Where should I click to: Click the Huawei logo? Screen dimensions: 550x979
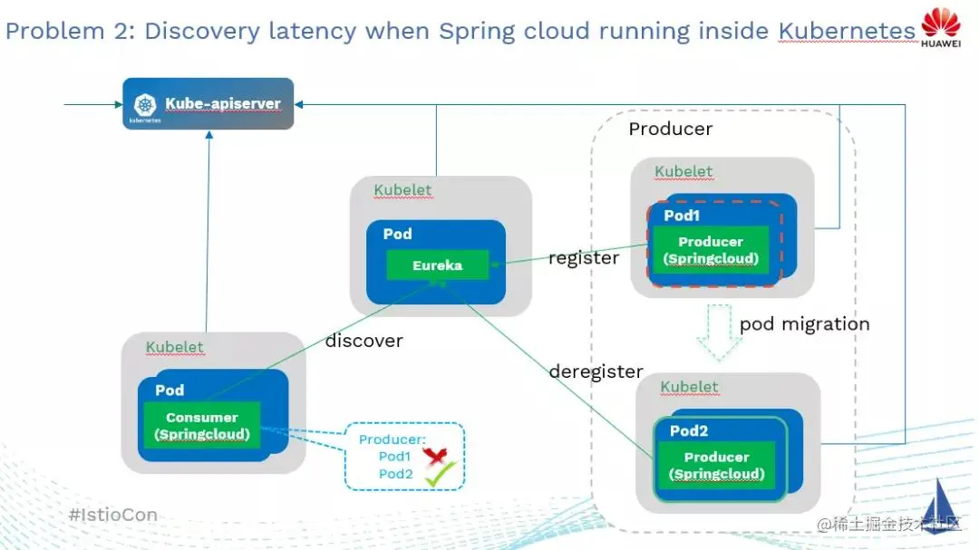tap(941, 27)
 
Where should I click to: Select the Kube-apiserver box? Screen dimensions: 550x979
tap(208, 104)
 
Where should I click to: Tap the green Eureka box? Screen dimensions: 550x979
tap(437, 265)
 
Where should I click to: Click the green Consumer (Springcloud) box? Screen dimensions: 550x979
tap(201, 426)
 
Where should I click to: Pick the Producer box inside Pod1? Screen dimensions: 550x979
tap(711, 250)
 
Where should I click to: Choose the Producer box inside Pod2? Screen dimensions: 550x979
tap(716, 466)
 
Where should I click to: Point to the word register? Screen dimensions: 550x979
tap(584, 258)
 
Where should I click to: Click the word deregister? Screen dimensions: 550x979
tap(596, 371)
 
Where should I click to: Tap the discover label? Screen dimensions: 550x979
tap(363, 341)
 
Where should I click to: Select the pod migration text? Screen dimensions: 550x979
tap(804, 323)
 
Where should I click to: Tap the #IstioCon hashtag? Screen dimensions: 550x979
tap(113, 515)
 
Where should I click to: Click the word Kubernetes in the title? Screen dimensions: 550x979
tap(847, 32)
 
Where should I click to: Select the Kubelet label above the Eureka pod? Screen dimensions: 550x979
tap(403, 190)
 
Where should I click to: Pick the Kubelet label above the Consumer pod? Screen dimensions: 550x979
tap(175, 347)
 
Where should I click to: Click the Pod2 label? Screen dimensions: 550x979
tap(689, 430)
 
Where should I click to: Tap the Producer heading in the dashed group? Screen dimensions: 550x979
tap(671, 129)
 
